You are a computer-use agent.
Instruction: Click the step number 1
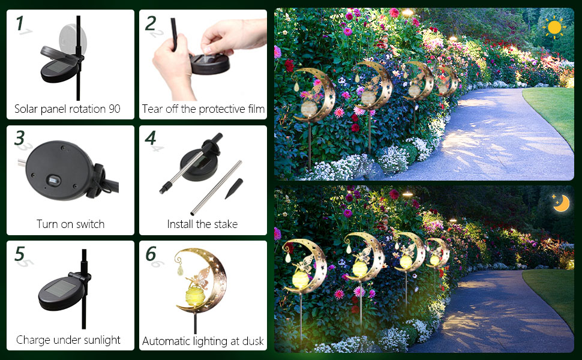[20, 23]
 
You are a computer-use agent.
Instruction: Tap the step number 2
[151, 23]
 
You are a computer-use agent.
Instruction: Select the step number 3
[20, 138]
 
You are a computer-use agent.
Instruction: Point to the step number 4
[151, 138]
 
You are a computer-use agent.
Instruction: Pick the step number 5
[20, 253]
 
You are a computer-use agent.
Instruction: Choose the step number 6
[151, 253]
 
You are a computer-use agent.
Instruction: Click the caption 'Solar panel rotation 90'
[67, 109]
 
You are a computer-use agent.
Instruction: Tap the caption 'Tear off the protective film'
[203, 109]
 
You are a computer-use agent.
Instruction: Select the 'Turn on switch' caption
[70, 224]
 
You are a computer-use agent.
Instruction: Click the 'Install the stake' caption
[202, 224]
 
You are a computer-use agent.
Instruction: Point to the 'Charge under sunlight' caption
[68, 340]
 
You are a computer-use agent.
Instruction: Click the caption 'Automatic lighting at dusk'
[203, 341]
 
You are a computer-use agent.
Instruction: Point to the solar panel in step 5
[58, 293]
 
